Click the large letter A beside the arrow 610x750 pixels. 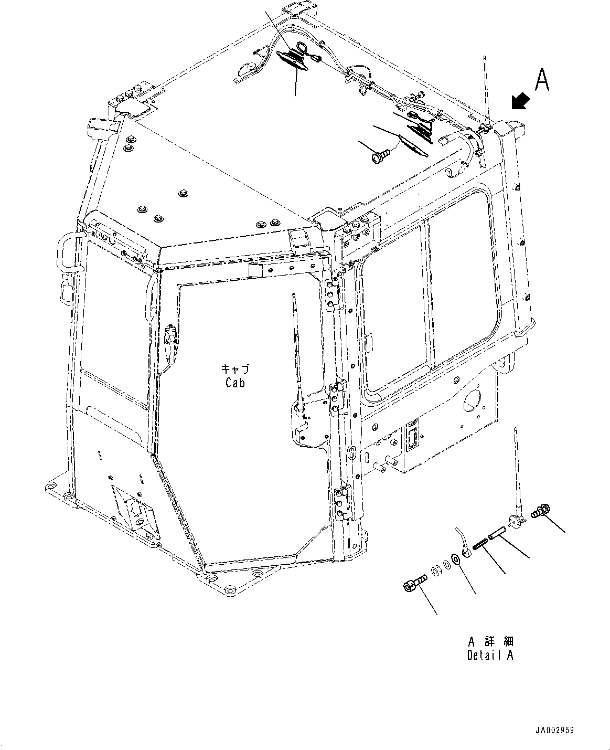click(542, 80)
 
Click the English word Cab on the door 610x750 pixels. click(235, 383)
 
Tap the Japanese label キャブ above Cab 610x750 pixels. click(235, 369)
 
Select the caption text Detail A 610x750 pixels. click(490, 655)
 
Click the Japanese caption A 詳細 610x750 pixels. click(490, 641)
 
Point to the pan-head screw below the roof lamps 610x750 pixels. click(381, 155)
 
